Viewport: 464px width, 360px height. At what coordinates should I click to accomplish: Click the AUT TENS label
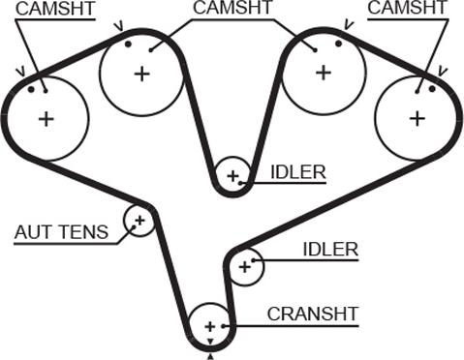(61, 232)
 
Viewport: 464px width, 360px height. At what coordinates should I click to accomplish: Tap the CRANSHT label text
(313, 314)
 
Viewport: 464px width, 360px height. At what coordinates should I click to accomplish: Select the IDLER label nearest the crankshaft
(330, 250)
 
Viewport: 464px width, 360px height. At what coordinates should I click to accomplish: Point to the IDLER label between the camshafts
(298, 172)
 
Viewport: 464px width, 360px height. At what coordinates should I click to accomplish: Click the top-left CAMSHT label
(55, 9)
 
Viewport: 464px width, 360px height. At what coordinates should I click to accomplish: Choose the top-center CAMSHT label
(232, 7)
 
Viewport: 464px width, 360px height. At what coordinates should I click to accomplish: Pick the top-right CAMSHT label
(407, 7)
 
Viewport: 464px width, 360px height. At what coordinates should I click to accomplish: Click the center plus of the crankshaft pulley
(210, 327)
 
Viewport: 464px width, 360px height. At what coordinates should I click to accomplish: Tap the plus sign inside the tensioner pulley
(139, 221)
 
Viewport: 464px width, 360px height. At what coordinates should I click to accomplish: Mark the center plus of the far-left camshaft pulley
(46, 119)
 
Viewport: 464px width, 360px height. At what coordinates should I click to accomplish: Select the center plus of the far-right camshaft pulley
(418, 118)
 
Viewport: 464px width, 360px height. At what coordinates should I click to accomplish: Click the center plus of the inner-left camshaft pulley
(142, 75)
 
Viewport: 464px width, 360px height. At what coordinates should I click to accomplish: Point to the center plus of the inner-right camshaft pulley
(324, 73)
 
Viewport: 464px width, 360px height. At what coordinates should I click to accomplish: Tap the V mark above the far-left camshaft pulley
(22, 72)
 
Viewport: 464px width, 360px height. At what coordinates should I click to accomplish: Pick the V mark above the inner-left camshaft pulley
(119, 27)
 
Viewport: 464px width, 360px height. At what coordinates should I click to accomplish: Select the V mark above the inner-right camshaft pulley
(348, 25)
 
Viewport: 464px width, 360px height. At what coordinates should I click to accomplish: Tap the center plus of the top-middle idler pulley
(232, 176)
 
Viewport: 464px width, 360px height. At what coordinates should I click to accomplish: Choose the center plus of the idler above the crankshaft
(245, 267)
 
